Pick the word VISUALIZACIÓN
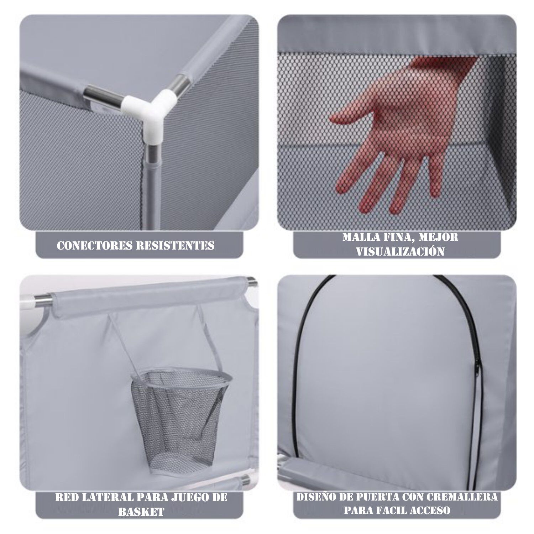(x=400, y=252)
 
